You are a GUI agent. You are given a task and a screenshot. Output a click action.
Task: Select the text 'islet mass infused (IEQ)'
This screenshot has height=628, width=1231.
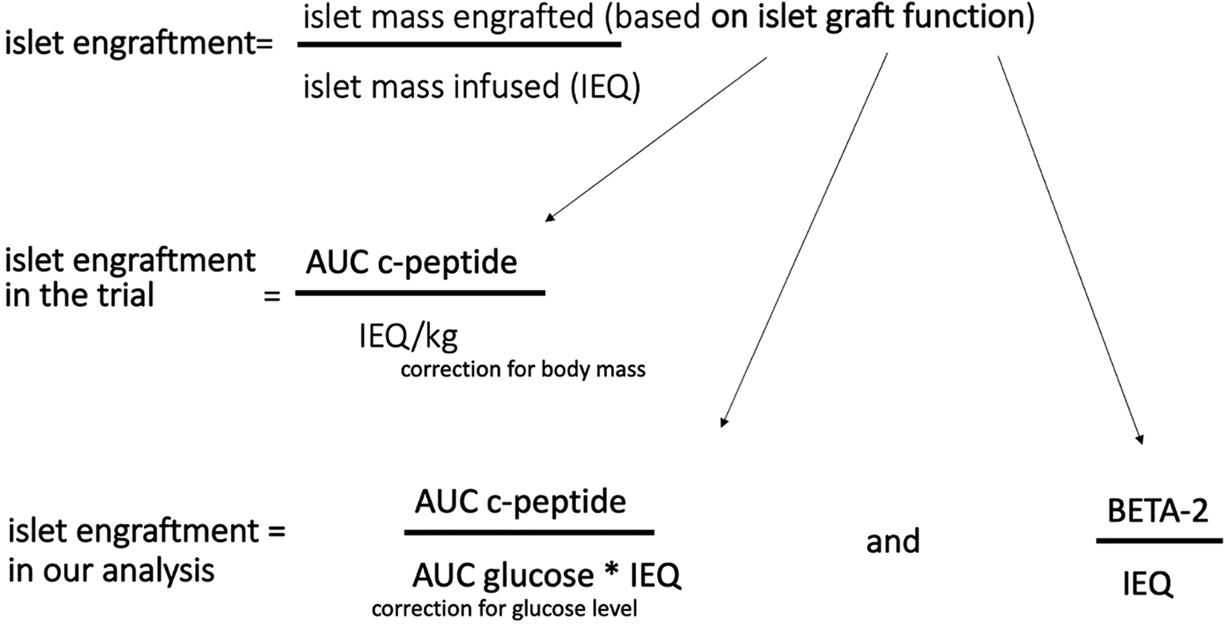(472, 87)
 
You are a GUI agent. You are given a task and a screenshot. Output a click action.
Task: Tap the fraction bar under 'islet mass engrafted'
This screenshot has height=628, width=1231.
(460, 45)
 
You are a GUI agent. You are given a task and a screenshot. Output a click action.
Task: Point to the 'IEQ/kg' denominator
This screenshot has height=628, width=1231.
(408, 336)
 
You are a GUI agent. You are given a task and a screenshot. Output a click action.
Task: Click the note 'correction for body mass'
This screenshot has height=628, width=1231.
(523, 370)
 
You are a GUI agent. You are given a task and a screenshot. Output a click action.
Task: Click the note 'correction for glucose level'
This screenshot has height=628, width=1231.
(505, 609)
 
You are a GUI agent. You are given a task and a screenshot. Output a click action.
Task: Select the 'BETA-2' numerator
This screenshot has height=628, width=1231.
(1158, 511)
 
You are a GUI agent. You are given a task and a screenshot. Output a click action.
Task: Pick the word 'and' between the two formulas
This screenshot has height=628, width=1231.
(893, 541)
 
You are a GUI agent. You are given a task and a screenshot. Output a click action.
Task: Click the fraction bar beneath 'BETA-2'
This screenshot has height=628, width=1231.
(1160, 541)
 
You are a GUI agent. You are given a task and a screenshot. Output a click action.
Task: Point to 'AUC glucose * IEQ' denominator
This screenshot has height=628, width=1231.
(547, 576)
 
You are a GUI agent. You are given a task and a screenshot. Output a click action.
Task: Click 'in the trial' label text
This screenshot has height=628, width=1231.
(80, 295)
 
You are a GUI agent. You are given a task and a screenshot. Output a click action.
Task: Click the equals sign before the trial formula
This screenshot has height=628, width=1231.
(272, 297)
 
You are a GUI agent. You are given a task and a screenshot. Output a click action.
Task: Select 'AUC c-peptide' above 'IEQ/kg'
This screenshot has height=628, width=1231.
(412, 263)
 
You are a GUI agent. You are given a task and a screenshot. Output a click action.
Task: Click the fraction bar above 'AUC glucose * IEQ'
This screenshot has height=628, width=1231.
(529, 532)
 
